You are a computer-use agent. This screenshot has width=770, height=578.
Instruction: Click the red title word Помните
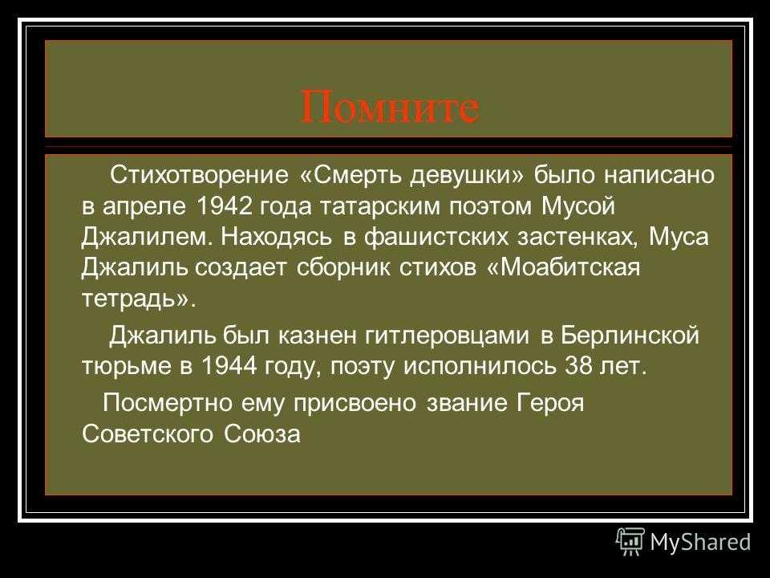[x=390, y=107]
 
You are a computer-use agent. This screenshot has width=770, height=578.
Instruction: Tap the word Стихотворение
[x=200, y=174]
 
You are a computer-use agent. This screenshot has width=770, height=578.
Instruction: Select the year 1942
[x=224, y=206]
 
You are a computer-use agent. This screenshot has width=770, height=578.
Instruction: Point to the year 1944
[x=229, y=365]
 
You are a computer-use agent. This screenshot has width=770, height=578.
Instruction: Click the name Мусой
[x=578, y=207]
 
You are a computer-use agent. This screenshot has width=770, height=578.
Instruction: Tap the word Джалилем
[x=148, y=238]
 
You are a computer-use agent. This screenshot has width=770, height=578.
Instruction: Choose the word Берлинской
[x=630, y=336]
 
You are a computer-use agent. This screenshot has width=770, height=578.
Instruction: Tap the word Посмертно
[x=168, y=404]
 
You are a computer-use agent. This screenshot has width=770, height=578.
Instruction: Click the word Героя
[x=551, y=404]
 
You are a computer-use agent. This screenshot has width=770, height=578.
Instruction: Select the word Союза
[x=262, y=434]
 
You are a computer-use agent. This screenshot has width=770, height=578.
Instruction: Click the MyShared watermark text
[x=701, y=542]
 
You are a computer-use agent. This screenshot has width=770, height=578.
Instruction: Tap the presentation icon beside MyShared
[x=630, y=542]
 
